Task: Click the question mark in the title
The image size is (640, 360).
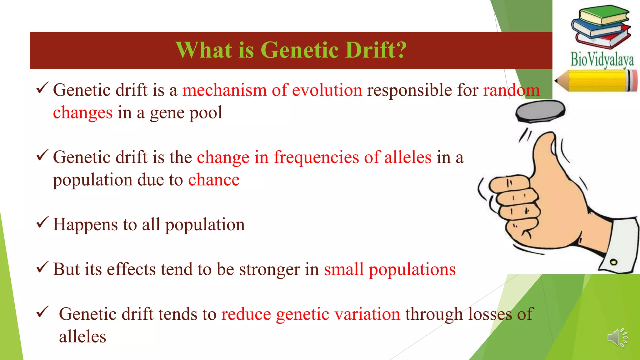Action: [400, 50]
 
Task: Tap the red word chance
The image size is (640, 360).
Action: [214, 180]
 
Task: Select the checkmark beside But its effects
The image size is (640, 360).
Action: [42, 267]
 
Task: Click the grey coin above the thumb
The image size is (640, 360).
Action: [540, 111]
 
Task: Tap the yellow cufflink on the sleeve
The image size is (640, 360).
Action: [613, 262]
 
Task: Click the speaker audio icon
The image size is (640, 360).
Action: [617, 337]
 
